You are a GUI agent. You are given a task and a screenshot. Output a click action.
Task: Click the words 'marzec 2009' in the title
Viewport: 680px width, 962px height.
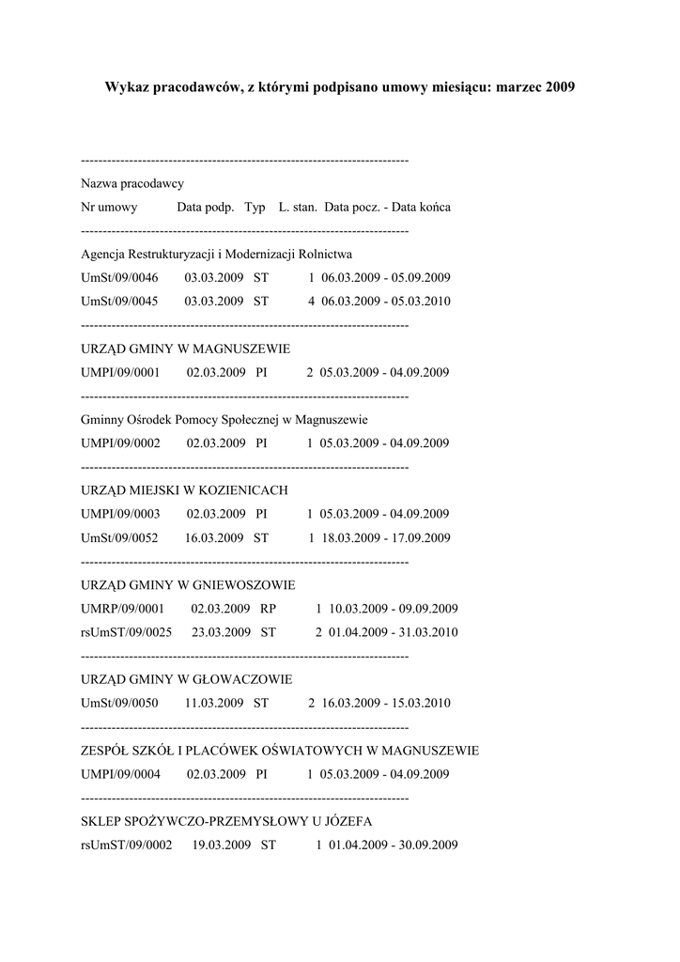pyautogui.click(x=533, y=87)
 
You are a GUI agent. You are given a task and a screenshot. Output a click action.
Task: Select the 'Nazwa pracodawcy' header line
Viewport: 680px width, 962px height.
pyautogui.click(x=132, y=183)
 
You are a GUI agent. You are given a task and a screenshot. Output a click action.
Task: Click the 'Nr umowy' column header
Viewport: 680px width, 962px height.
pyautogui.click(x=110, y=207)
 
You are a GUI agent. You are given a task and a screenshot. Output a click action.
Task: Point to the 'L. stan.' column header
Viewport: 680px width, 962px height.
pyautogui.click(x=298, y=207)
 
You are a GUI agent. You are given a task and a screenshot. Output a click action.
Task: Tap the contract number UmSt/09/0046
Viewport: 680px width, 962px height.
pyautogui.click(x=119, y=278)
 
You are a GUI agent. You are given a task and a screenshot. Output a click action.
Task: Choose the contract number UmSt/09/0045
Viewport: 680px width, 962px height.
pyautogui.click(x=119, y=302)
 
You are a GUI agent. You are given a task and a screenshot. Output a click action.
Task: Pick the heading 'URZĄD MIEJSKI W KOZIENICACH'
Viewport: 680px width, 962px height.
pyautogui.click(x=184, y=490)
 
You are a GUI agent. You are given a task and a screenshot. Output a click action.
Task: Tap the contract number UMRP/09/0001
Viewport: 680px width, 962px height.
pyautogui.click(x=123, y=609)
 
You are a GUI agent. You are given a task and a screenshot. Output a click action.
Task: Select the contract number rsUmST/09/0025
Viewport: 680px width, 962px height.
pyautogui.click(x=127, y=632)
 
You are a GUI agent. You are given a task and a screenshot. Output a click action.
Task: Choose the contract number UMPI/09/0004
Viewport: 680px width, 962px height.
pyautogui.click(x=121, y=775)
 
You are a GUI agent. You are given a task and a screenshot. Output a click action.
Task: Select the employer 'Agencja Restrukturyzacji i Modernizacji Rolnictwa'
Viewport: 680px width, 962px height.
pyautogui.click(x=217, y=255)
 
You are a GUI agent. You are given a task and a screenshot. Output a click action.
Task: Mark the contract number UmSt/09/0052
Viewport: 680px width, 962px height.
pyautogui.click(x=119, y=538)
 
